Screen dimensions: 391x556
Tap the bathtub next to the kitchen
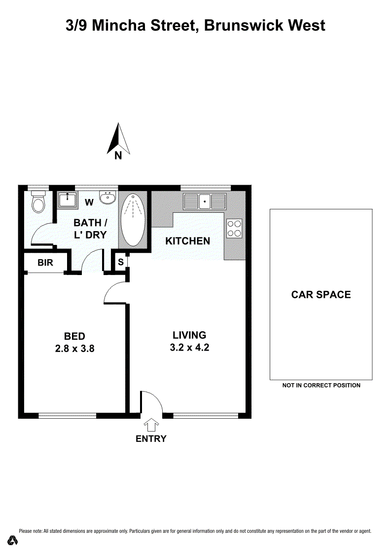(x=133, y=220)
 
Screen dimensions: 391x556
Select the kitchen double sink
(x=205, y=202)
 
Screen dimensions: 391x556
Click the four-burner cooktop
(x=234, y=228)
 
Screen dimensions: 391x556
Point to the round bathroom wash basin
(x=107, y=197)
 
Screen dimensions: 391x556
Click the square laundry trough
(x=67, y=200)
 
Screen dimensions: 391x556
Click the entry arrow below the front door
(x=151, y=425)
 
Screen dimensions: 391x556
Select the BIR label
(x=45, y=263)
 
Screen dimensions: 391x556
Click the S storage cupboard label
(x=121, y=262)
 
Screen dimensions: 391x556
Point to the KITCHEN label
(x=188, y=241)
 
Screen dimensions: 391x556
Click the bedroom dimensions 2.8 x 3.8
(x=75, y=349)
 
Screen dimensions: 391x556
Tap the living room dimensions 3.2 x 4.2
(x=189, y=348)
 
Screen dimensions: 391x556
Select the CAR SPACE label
(x=321, y=295)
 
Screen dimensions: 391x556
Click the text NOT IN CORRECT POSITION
(x=321, y=386)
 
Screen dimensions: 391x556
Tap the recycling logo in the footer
(x=13, y=540)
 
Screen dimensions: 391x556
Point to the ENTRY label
(x=151, y=439)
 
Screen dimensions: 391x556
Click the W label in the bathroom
(x=89, y=202)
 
